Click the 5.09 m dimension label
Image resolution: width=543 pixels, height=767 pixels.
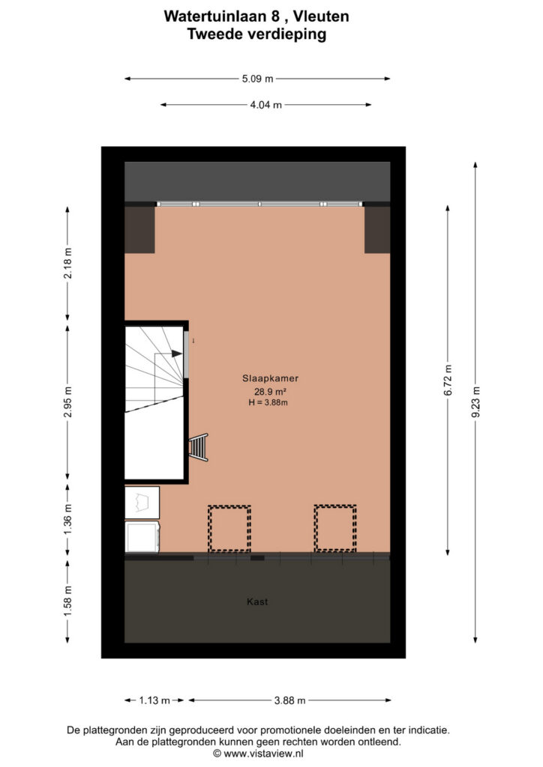257,79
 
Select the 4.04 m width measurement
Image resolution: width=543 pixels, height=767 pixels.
265,105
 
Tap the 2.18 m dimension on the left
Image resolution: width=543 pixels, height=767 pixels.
67,263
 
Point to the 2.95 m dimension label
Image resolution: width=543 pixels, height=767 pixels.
67,402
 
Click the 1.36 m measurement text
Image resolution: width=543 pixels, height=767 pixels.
67,520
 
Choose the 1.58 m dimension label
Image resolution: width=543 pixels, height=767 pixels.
67,601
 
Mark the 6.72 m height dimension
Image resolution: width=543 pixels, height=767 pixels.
448,381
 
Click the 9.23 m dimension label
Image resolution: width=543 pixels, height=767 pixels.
475,402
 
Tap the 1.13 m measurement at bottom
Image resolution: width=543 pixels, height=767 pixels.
154,700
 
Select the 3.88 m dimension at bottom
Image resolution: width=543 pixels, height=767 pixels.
289,700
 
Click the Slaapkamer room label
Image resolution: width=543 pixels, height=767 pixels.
270,378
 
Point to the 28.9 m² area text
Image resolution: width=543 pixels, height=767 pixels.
270,391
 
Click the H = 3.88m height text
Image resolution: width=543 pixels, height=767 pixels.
268,402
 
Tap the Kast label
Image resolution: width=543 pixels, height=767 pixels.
257,601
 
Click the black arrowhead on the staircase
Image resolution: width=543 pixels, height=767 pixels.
177,354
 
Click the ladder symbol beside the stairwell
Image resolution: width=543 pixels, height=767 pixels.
199,447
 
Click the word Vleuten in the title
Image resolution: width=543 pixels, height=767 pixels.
321,16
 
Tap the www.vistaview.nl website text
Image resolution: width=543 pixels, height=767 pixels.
263,754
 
